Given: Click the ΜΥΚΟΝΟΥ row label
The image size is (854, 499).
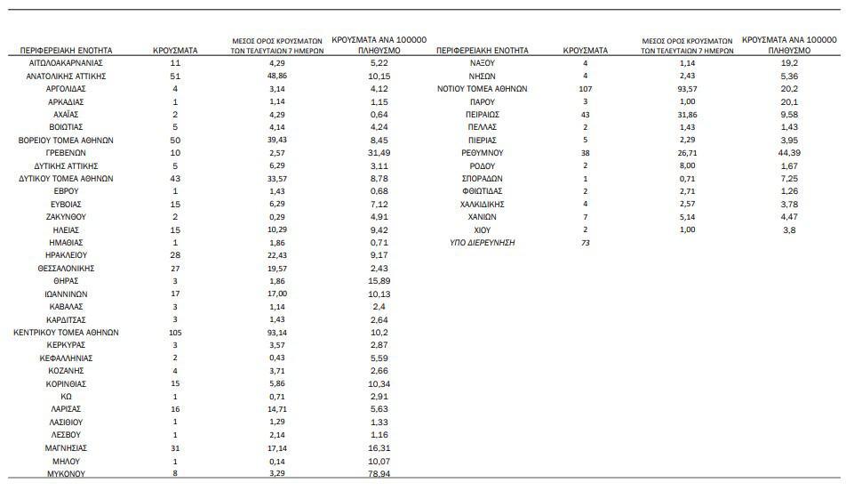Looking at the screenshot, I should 66,474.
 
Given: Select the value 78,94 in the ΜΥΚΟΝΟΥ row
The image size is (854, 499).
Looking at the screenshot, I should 379,474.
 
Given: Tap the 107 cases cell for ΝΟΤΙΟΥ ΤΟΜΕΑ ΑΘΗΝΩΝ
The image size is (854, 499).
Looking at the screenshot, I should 585,89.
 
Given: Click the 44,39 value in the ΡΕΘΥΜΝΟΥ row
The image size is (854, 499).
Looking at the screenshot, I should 789,153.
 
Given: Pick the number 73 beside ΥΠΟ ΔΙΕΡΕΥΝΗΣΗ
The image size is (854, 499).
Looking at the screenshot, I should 585,243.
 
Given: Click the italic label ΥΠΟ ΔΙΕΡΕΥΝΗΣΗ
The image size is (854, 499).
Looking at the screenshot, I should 482,243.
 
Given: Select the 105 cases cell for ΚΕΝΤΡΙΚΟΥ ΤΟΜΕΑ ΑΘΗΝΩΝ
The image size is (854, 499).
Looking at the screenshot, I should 175,333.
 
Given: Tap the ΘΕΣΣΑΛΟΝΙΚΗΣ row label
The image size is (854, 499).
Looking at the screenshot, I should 66,269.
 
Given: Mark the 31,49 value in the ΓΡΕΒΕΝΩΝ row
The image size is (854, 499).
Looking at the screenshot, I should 379,153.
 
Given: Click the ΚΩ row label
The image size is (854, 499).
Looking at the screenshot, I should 66,397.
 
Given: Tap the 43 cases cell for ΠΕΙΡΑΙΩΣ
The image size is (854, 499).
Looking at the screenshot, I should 585,115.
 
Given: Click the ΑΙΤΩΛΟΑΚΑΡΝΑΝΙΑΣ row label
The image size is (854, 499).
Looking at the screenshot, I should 66,64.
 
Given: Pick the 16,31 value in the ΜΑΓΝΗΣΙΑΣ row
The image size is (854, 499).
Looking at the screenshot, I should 379,448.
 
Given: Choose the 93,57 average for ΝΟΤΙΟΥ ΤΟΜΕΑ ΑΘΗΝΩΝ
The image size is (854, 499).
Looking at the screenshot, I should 686,89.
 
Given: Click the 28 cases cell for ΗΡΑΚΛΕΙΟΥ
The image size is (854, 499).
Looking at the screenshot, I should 175,256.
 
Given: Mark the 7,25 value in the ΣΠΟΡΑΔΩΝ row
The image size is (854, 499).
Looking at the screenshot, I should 789,179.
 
